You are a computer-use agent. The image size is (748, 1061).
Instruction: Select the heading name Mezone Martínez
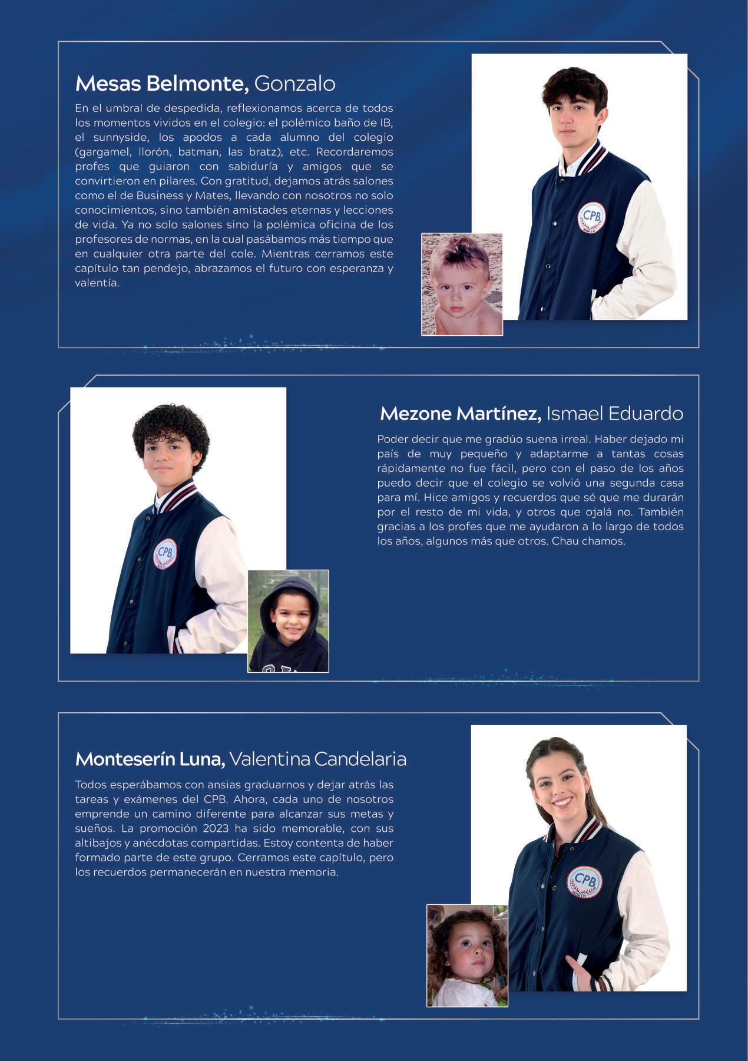point(461,414)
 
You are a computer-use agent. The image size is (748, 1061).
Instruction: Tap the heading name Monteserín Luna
point(150,759)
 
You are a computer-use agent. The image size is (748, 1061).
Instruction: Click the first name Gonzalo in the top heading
point(294,84)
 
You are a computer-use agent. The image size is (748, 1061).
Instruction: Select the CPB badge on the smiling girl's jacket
point(585,881)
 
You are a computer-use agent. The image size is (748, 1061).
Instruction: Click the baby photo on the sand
point(462,284)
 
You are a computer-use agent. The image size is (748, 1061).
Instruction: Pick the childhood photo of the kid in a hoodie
point(288,621)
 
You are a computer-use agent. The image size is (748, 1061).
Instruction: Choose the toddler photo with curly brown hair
point(467,955)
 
